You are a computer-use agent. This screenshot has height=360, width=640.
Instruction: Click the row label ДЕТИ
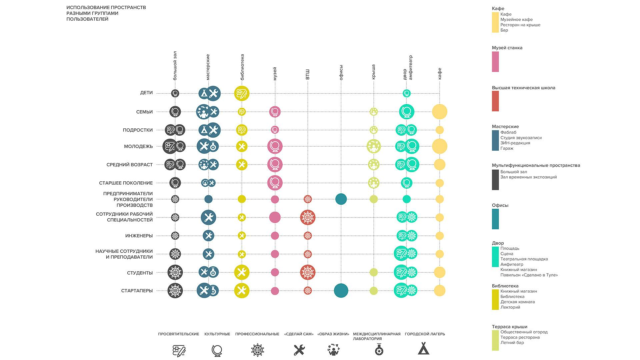[x=146, y=93]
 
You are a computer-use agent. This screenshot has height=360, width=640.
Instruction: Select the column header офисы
[x=341, y=73]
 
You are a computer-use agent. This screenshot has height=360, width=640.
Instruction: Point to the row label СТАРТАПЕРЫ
[x=137, y=291]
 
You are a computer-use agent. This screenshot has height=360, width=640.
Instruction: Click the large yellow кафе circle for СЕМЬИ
[x=439, y=112]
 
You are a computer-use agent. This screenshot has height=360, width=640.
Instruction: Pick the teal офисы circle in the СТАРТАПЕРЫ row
[x=341, y=290]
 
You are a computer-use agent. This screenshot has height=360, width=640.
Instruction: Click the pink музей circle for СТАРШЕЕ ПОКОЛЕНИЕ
[x=275, y=183]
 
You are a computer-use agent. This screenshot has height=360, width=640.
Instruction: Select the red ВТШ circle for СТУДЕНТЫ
[x=307, y=272]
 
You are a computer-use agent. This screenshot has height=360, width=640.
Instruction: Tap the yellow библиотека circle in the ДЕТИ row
[x=242, y=94]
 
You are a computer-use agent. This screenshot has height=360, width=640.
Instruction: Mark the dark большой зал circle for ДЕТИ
[x=175, y=93]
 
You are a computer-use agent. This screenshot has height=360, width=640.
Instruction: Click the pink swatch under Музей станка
[x=495, y=62]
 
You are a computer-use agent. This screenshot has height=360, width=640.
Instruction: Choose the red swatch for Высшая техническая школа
[x=495, y=101]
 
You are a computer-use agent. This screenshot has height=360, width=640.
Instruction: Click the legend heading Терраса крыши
[x=509, y=327]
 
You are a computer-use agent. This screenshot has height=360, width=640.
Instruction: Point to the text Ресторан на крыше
[x=520, y=25]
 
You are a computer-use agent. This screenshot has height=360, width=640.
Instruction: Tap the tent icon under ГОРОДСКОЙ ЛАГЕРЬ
[x=423, y=349]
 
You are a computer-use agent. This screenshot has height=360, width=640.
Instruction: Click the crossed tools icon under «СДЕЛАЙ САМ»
[x=299, y=350]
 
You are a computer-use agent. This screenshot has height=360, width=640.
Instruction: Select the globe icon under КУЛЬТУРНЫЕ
[x=217, y=350]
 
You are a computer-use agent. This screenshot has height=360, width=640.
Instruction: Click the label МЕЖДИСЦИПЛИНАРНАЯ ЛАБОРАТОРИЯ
[x=376, y=336]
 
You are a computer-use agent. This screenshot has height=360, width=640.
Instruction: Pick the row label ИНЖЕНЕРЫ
[x=139, y=236]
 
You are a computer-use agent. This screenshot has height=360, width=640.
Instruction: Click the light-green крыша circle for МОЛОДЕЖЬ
[x=373, y=146]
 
